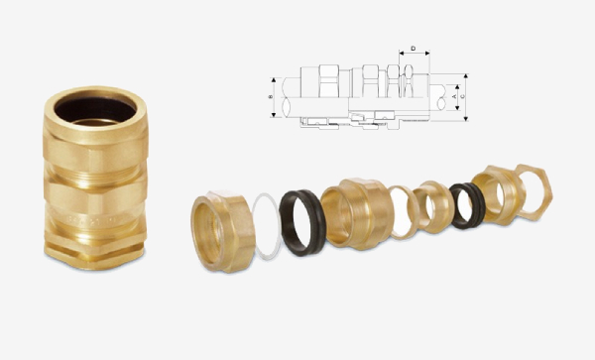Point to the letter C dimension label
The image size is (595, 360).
point(463,96)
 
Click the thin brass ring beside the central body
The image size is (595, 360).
point(403,210)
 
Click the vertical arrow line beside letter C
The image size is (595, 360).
point(467,96)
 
